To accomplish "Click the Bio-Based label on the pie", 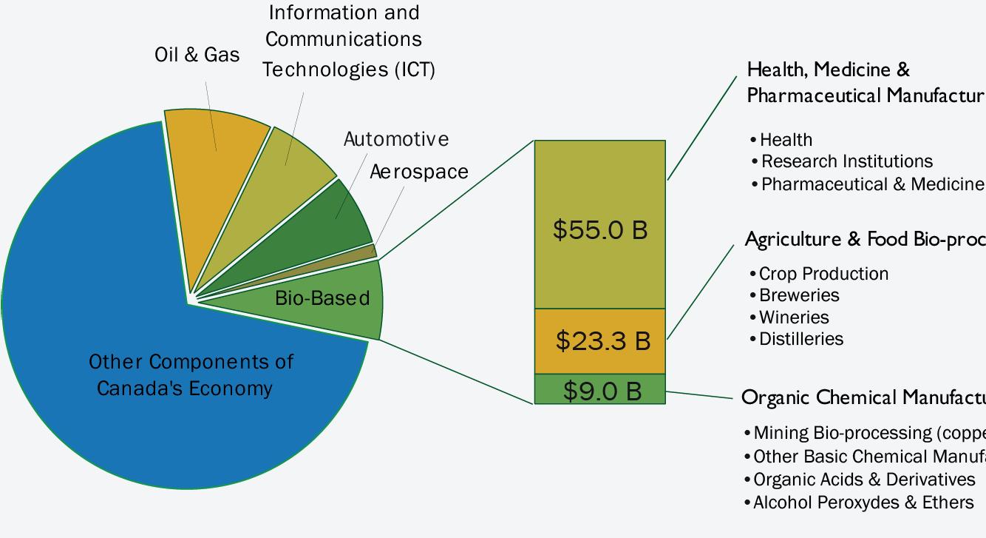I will pyautogui.click(x=322, y=298).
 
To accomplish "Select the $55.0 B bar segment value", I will pyautogui.click(x=600, y=229).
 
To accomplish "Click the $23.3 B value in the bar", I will pyautogui.click(x=603, y=341).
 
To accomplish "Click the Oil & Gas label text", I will pyautogui.click(x=197, y=55).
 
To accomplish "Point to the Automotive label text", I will pyautogui.click(x=395, y=139).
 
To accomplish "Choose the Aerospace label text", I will pyautogui.click(x=418, y=172).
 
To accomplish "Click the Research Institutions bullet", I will pyautogui.click(x=846, y=161).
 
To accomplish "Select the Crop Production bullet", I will pyautogui.click(x=823, y=274).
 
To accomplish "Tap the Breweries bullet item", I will pyautogui.click(x=799, y=295).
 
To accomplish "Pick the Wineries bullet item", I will pyautogui.click(x=794, y=317).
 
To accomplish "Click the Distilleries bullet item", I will pyautogui.click(x=801, y=339).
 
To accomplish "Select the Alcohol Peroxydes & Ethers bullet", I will pyautogui.click(x=863, y=502).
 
